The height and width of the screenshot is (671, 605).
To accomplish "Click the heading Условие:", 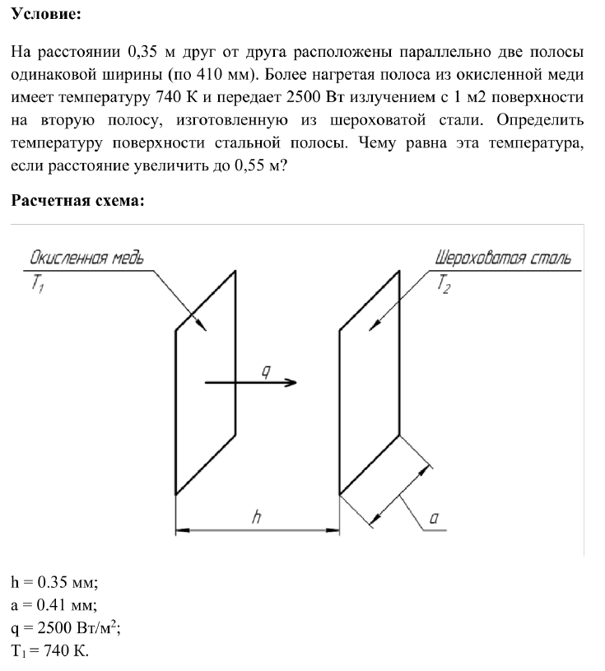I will [46, 16].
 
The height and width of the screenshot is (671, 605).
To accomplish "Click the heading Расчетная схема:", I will [78, 202].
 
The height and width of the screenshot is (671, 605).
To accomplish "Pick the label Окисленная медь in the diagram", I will [86, 258].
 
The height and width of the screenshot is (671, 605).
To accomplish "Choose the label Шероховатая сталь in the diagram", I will [502, 258].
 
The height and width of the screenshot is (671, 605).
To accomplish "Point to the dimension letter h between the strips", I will [258, 517].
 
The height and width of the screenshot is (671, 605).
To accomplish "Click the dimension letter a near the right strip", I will [433, 518].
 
